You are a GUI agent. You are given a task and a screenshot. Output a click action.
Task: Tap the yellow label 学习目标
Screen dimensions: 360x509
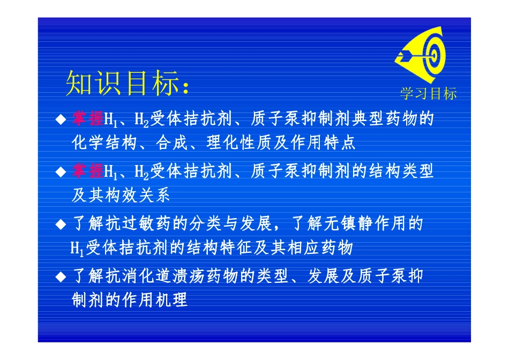pyautogui.click(x=428, y=94)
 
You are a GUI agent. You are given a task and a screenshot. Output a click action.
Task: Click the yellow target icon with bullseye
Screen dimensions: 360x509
pyautogui.click(x=421, y=55)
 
